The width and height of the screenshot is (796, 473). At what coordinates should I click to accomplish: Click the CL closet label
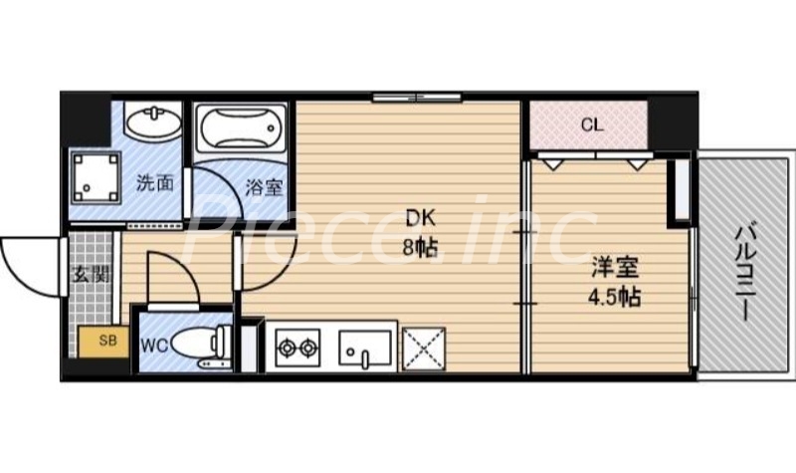click(x=591, y=125)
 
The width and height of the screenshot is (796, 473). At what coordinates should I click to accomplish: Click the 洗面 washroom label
click(x=155, y=182)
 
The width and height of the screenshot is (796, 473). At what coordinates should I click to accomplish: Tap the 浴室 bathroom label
click(x=263, y=184)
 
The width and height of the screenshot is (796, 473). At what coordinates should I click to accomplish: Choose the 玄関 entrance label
click(x=91, y=275)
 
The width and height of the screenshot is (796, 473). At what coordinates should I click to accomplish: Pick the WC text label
click(x=153, y=346)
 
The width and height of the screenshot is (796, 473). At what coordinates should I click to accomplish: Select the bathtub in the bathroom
click(x=239, y=129)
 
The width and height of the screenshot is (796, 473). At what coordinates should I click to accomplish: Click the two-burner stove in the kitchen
click(x=297, y=348)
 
